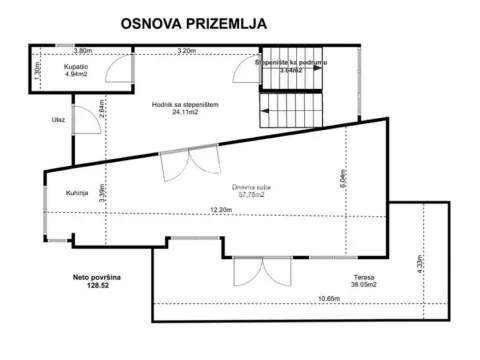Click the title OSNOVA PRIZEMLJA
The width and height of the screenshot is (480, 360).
coord(192,23)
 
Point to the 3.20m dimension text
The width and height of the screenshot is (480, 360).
coord(185,50)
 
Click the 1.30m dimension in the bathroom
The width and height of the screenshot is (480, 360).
coord(35,71)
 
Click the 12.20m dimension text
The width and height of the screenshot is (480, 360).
coord(221,210)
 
